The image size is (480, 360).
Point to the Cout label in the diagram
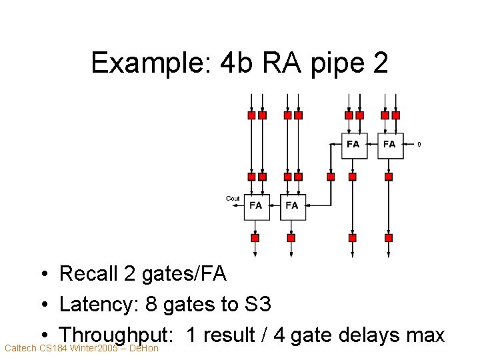[233, 198]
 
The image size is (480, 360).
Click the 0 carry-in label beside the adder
[419, 144]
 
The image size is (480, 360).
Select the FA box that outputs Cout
[256, 206]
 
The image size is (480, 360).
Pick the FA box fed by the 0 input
[390, 145]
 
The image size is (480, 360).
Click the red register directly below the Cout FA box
[255, 237]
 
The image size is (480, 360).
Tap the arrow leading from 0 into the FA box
[409, 144]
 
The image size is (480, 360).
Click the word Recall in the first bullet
[90, 273]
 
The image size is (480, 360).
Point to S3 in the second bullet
[256, 305]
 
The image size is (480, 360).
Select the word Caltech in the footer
[20, 348]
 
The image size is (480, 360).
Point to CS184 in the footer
[53, 348]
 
